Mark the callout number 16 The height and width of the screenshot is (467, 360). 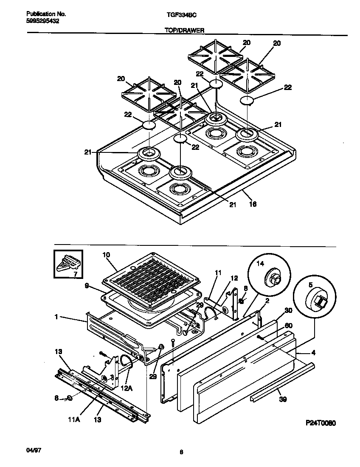coord(252,204)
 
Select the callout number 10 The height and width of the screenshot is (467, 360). coord(106,255)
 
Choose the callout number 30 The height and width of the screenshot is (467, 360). coord(289,310)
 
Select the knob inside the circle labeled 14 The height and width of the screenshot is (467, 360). coord(273,279)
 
